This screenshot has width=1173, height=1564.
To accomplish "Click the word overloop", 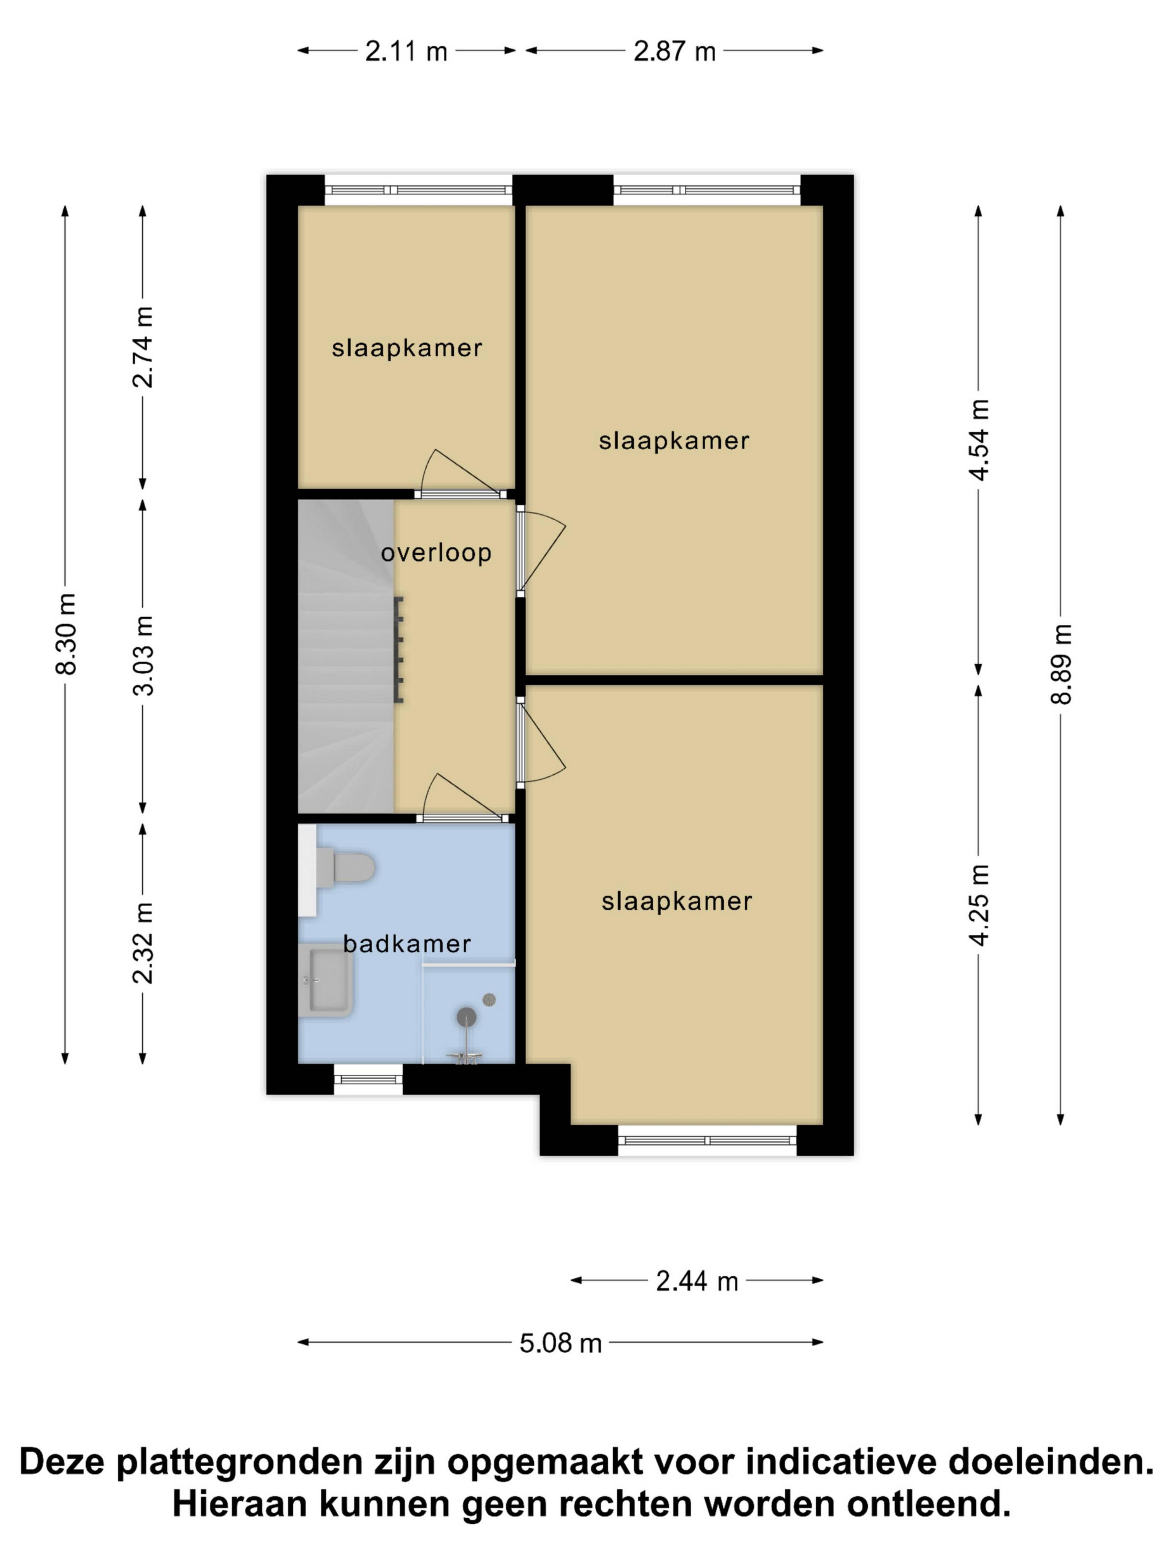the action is [436, 552].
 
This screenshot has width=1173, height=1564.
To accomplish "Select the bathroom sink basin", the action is [327, 980].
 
